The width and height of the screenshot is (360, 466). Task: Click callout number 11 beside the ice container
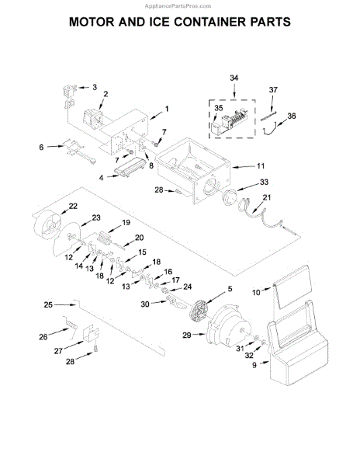click(x=261, y=166)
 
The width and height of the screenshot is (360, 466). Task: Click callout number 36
click(x=291, y=116)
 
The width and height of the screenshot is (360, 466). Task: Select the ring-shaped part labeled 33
click(x=231, y=196)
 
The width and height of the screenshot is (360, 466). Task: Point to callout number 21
click(x=268, y=199)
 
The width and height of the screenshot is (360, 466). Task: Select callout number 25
click(x=48, y=305)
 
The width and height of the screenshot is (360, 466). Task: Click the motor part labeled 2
click(x=95, y=117)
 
